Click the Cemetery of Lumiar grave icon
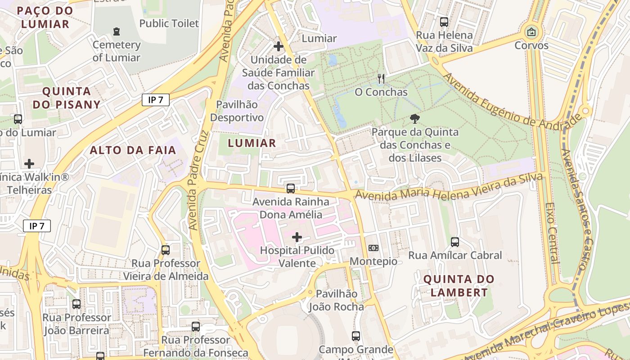[x=117, y=31]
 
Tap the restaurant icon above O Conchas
[x=381, y=79]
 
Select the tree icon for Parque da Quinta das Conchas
[x=415, y=119]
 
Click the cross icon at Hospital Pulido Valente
[x=297, y=237]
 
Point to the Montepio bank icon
[x=373, y=248]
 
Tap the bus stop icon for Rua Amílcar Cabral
[x=455, y=242]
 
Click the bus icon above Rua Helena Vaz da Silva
[x=444, y=22]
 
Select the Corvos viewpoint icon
[x=531, y=32]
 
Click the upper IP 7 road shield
[x=155, y=100]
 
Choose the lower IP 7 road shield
[x=37, y=226]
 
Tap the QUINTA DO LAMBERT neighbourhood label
[x=459, y=286]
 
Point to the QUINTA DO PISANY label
[x=67, y=98]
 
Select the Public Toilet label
[x=169, y=23]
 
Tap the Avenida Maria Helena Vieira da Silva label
[x=449, y=189]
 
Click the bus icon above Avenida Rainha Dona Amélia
[x=291, y=189]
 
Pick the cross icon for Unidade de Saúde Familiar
[x=279, y=46]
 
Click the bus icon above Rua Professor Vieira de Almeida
[x=166, y=250]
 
